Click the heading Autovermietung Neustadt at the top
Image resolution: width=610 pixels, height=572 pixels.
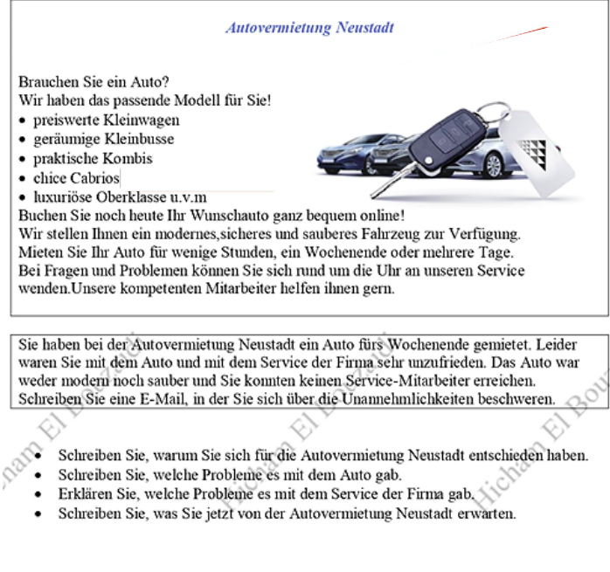(x=309, y=28)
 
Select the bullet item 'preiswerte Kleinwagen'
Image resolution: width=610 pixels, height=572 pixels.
(x=106, y=120)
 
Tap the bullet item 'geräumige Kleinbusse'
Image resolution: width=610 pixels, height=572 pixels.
(x=103, y=139)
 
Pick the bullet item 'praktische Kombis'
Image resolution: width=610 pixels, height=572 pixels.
(x=93, y=158)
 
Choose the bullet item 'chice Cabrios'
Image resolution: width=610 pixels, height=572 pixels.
(x=76, y=177)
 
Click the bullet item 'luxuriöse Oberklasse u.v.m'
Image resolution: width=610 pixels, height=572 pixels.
(x=120, y=196)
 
